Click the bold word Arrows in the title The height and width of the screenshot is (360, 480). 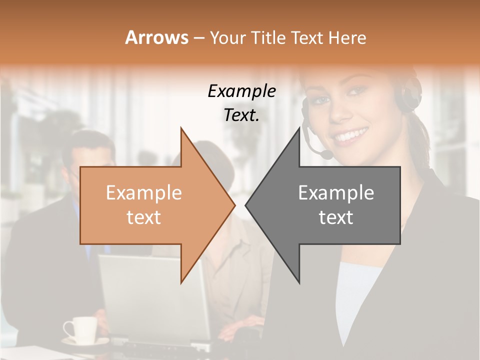click(157, 37)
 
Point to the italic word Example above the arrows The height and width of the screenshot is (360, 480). click(241, 91)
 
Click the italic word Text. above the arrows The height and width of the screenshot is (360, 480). click(241, 115)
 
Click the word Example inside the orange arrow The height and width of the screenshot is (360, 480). click(143, 193)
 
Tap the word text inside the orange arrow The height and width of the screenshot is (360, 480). click(143, 217)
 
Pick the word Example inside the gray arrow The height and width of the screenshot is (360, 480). click(336, 193)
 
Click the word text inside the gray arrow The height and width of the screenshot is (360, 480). click(336, 217)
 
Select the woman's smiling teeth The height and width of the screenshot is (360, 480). click(351, 135)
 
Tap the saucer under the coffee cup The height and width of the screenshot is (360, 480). click(85, 342)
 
